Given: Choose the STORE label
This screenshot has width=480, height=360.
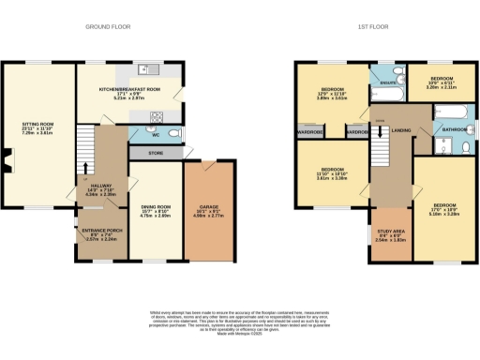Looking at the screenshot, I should pos(156,152).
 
